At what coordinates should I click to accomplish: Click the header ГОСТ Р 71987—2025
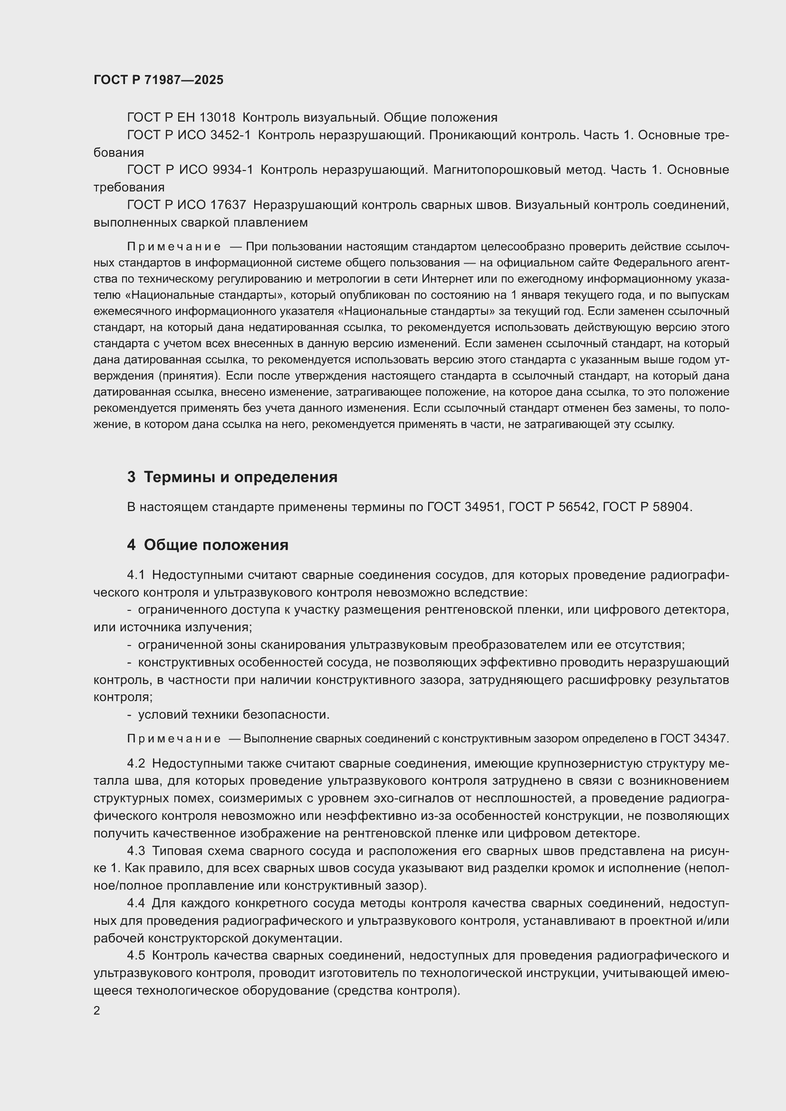[x=158, y=80]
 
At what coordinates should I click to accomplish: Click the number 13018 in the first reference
[x=217, y=118]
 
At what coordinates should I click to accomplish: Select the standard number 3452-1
[x=230, y=135]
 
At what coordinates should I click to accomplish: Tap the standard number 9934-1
[x=233, y=170]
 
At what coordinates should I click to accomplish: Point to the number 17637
[x=228, y=205]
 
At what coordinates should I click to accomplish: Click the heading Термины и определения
[x=240, y=477]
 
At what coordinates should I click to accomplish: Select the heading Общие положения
[x=216, y=545]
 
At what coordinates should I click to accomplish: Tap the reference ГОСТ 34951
[x=464, y=507]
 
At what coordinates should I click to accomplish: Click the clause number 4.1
[x=136, y=575]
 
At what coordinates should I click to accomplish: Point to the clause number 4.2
[x=136, y=764]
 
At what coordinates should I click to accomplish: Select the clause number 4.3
[x=136, y=851]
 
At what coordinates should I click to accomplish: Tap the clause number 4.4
[x=136, y=903]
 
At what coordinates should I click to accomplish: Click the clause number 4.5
[x=136, y=955]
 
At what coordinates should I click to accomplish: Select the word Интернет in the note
[x=444, y=279]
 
